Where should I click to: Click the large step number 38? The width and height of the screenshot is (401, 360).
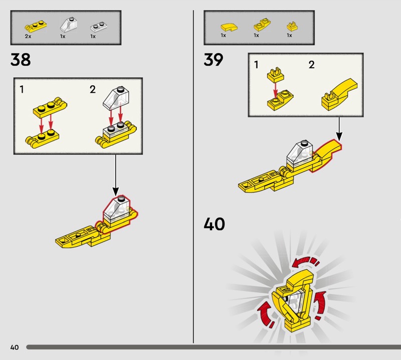(x=21, y=60)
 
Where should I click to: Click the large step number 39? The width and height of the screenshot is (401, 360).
(x=214, y=60)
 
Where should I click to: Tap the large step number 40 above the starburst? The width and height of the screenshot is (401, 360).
(x=215, y=224)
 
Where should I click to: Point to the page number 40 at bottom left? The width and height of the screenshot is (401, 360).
(x=15, y=347)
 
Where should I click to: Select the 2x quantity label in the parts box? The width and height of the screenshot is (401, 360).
(x=28, y=36)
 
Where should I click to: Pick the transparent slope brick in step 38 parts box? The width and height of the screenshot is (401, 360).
(x=69, y=25)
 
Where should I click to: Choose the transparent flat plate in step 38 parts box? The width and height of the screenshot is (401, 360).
(x=99, y=27)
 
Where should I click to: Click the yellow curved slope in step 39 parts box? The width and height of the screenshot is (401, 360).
(x=229, y=27)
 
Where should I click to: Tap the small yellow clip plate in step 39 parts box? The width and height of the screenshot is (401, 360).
(x=292, y=26)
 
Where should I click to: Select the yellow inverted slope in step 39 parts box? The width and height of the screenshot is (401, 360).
(x=262, y=25)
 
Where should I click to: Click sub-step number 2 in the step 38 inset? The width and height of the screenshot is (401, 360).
(x=93, y=89)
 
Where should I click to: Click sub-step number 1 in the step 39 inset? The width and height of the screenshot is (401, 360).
(x=256, y=65)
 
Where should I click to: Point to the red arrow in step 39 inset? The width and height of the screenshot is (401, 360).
(x=275, y=90)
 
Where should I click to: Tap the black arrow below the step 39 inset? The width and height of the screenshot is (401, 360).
(x=339, y=129)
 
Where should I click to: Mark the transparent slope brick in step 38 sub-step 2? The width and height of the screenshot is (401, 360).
(x=116, y=98)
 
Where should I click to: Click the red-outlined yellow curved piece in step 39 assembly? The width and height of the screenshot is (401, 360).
(x=326, y=155)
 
